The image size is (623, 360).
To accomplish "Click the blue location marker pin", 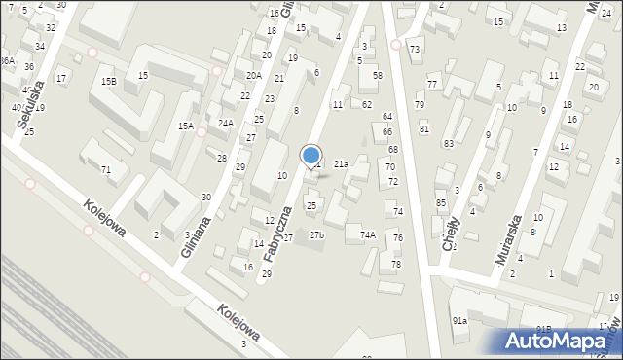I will (x=311, y=158).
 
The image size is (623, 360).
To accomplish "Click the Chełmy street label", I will (x=451, y=234).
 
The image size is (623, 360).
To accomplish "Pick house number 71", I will (x=106, y=170).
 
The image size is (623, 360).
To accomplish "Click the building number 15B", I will (x=108, y=82).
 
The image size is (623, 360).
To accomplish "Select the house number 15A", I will (x=185, y=126).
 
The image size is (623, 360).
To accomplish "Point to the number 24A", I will (x=226, y=124).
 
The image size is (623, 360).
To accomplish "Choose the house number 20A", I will (x=253, y=76).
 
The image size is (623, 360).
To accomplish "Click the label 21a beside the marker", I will (x=341, y=164).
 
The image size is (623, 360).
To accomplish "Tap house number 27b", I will (x=316, y=234).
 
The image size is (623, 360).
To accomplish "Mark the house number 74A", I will (x=368, y=234).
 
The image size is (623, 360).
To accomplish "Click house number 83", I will (x=449, y=144).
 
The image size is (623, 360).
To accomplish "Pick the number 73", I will (x=415, y=50).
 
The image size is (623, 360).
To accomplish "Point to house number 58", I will (x=378, y=75).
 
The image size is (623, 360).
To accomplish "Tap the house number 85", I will (x=441, y=202).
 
